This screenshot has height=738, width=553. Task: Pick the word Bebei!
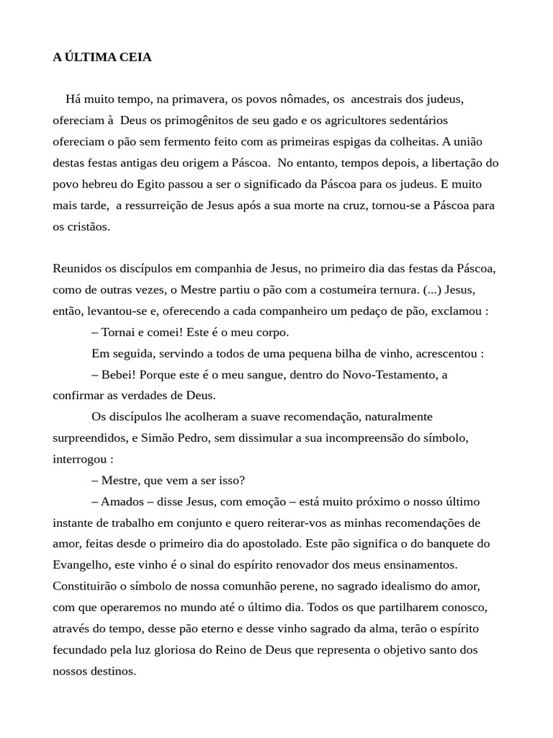[120, 375]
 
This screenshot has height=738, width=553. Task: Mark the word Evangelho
[82, 565]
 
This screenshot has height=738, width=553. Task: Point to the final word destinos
[114, 671]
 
